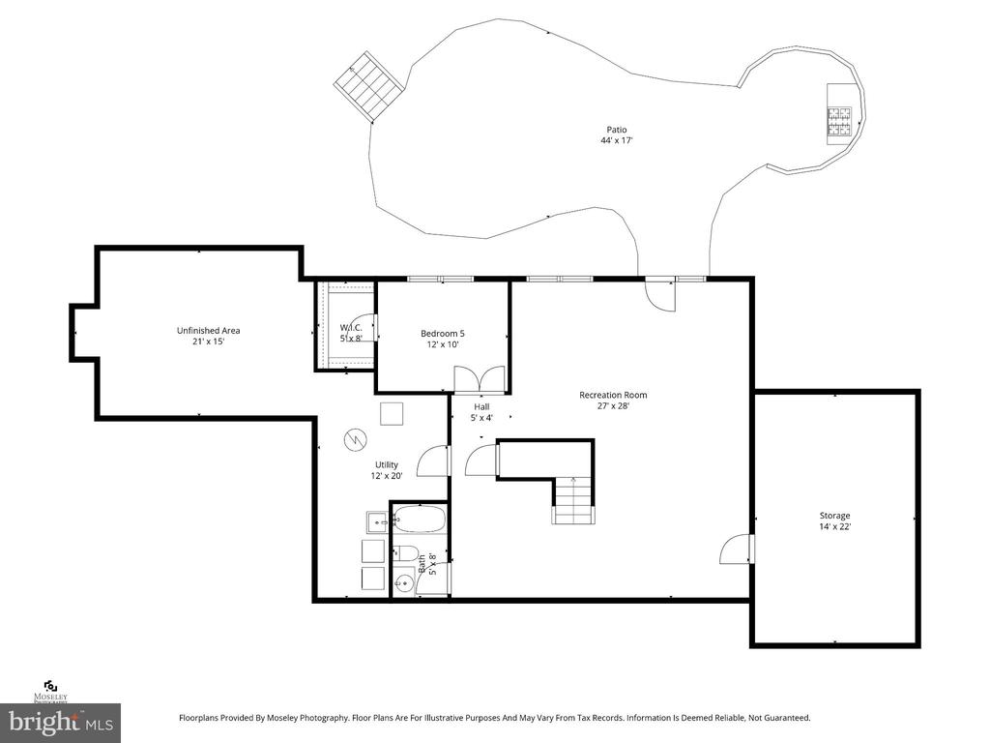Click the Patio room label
click(616, 130)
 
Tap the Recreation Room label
click(613, 395)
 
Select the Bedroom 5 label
click(443, 334)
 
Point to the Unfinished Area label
click(209, 331)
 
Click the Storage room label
click(834, 516)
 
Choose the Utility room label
click(387, 465)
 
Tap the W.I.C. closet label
click(351, 327)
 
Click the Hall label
click(481, 407)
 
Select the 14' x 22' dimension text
click(834, 526)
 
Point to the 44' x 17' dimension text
click(616, 140)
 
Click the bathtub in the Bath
click(420, 520)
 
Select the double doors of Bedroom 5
click(480, 379)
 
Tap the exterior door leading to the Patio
click(659, 294)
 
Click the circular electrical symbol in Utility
click(355, 440)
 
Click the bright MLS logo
click(61, 722)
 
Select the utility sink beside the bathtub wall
click(379, 522)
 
